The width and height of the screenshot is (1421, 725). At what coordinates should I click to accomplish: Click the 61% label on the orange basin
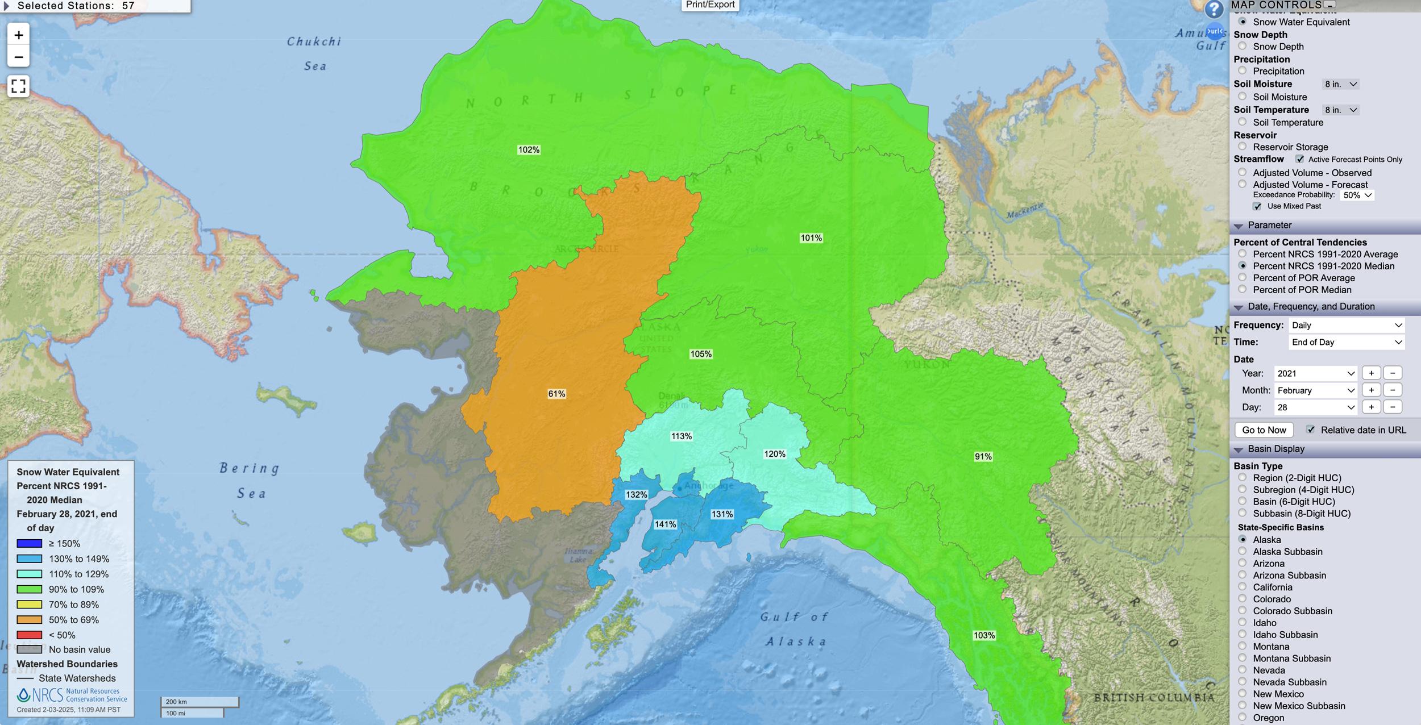(556, 394)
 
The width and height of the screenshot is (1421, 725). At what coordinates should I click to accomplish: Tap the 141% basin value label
(665, 524)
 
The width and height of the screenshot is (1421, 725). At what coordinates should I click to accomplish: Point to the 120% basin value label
(775, 454)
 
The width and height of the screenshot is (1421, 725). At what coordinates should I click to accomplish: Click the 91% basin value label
(983, 456)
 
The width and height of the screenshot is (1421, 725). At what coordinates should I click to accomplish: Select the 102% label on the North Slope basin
(529, 150)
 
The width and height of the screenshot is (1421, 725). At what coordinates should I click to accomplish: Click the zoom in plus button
(19, 35)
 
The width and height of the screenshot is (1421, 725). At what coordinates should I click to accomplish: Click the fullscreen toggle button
(19, 86)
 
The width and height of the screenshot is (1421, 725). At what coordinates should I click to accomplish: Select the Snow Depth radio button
(1243, 46)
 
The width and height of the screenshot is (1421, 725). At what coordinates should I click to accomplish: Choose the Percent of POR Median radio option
(1243, 290)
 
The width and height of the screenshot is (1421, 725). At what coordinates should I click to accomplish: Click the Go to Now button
(1264, 430)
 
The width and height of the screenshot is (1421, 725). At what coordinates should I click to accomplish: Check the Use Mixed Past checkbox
(1257, 206)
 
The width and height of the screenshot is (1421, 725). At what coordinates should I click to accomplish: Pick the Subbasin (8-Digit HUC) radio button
(1243, 513)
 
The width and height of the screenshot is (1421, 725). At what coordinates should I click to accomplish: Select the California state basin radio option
(1243, 587)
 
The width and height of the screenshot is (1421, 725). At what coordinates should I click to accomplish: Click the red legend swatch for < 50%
(30, 635)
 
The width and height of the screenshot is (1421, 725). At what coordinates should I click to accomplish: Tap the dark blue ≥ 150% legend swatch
(30, 544)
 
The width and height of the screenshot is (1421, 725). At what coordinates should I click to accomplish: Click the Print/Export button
(710, 5)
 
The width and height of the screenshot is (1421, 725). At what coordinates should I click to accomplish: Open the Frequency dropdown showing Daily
(1346, 326)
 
